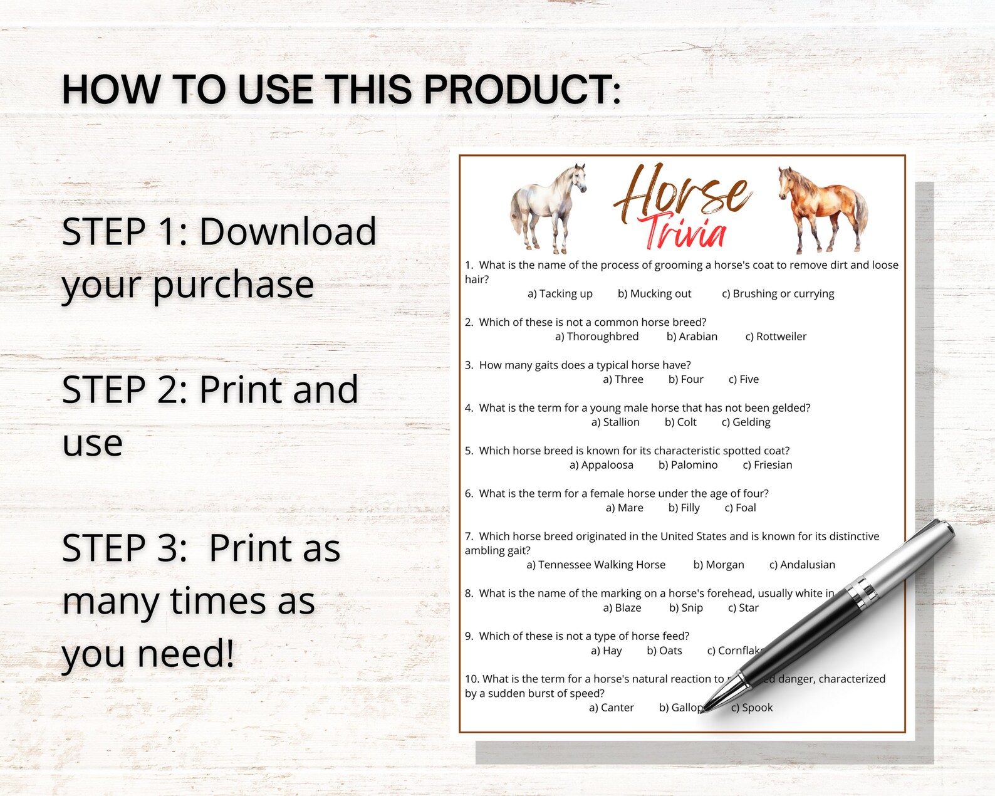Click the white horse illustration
[548, 207]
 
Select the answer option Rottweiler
[776, 337]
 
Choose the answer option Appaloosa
[601, 465]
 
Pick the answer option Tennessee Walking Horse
[596, 565]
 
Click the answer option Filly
[684, 508]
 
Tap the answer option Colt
[680, 422]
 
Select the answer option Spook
[752, 708]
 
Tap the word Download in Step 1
[288, 232]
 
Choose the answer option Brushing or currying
[778, 294]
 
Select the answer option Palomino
[688, 465]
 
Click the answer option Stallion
[615, 422]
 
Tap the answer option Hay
[607, 651]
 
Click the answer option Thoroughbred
[596, 337]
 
